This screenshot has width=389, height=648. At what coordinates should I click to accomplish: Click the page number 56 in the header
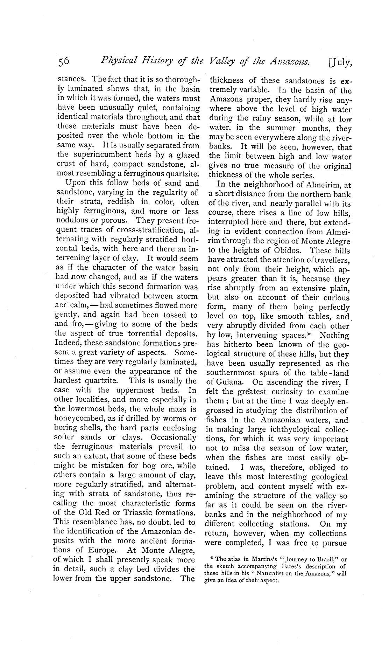(64, 62)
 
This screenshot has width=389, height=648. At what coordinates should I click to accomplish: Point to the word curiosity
(296, 392)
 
